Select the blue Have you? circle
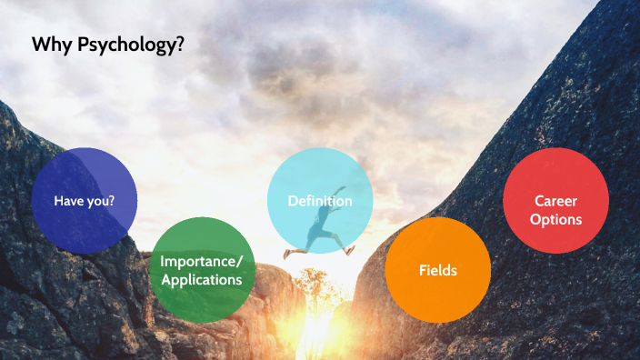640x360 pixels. click(x=85, y=200)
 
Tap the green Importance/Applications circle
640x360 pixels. click(x=201, y=270)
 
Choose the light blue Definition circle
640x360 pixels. click(x=320, y=201)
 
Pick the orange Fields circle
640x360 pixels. click(x=437, y=270)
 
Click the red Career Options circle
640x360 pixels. click(x=555, y=201)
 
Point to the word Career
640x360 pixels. click(x=555, y=201)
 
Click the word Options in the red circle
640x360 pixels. click(x=555, y=219)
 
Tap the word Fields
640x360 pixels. click(x=437, y=270)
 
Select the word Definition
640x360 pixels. click(x=320, y=201)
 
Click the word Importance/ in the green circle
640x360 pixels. click(x=201, y=261)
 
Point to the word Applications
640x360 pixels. click(x=201, y=280)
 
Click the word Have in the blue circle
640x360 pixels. click(x=69, y=201)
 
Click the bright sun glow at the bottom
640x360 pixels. click(x=314, y=336)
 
